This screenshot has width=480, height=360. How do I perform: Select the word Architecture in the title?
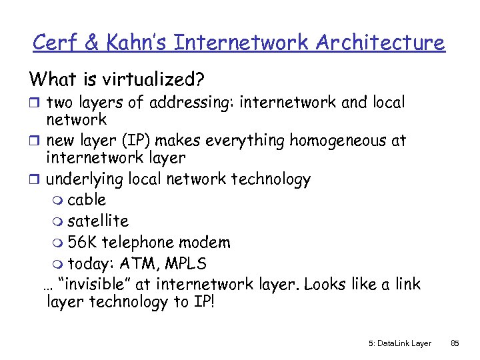[x=380, y=43]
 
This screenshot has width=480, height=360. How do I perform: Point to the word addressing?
[x=193, y=103]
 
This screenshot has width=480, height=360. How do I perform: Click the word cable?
[x=87, y=199]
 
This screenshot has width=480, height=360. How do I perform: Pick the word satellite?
[x=98, y=221]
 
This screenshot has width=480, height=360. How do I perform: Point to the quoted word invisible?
[x=95, y=284]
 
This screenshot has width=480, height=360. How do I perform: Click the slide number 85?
[x=455, y=343]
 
